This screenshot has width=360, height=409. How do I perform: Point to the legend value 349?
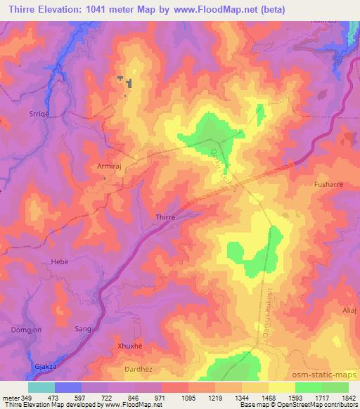(27, 397)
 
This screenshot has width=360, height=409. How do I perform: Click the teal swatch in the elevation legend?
(41, 387)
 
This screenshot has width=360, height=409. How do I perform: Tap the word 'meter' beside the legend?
(10, 397)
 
